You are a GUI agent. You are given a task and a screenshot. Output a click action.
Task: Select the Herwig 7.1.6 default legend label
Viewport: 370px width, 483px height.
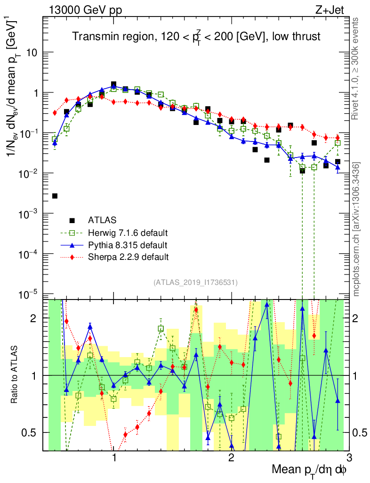[x=128, y=233]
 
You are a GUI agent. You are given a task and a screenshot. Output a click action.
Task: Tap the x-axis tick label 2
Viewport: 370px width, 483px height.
[x=231, y=458]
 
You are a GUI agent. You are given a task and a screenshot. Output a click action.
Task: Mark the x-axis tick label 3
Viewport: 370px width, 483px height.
[x=348, y=458]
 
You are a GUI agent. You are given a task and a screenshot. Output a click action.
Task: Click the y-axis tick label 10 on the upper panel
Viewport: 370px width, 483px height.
[x=32, y=52]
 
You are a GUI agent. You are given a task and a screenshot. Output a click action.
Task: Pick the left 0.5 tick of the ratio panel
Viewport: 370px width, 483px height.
[x=32, y=433]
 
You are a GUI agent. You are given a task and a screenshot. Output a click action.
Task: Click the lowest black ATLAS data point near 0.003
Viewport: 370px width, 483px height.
[x=55, y=196]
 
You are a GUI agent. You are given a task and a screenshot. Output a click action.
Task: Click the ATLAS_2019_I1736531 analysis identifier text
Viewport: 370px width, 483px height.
[x=195, y=283]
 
